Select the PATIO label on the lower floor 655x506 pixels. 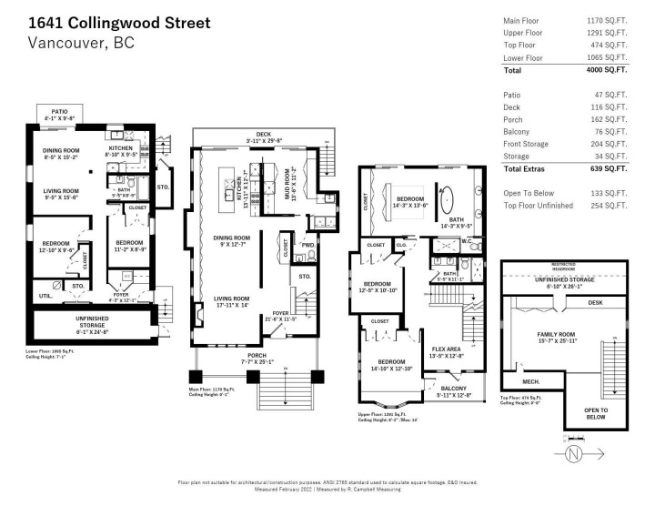point(63,111)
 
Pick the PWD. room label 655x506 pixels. point(308,245)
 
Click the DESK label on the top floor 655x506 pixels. point(595,302)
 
